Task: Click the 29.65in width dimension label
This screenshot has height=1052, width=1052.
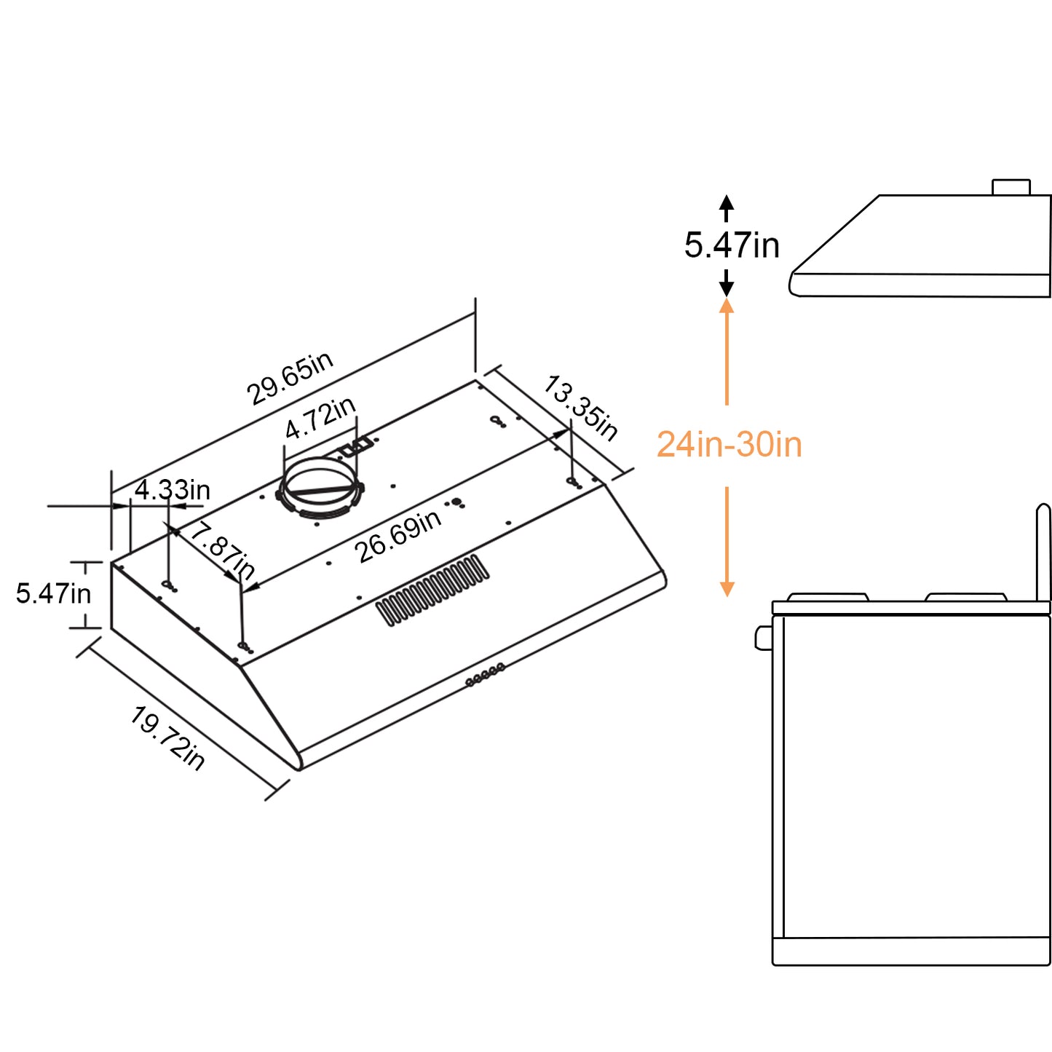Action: click(290, 379)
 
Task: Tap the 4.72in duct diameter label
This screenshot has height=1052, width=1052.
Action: click(320, 419)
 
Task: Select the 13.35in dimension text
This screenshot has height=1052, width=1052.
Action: click(580, 408)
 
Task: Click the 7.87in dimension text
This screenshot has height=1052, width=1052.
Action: click(223, 551)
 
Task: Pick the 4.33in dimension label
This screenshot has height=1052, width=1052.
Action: click(173, 490)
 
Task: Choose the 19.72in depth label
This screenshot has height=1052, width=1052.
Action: click(167, 738)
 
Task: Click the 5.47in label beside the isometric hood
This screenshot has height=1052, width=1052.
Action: click(54, 593)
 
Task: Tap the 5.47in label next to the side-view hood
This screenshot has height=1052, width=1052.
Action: click(732, 245)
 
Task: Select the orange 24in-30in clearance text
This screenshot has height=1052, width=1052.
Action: click(729, 445)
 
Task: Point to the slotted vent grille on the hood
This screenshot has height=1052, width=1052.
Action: click(432, 590)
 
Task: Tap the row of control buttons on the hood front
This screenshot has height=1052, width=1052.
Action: click(485, 674)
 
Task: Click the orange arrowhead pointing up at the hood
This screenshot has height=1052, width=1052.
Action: click(727, 306)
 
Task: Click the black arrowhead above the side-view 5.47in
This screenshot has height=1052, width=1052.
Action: click(727, 202)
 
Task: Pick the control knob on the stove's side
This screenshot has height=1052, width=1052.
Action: click(764, 638)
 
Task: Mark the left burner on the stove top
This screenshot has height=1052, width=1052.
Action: click(828, 598)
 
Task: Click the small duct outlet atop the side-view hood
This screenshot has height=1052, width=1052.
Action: click(1011, 187)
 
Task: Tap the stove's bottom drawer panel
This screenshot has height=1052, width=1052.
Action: click(911, 951)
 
